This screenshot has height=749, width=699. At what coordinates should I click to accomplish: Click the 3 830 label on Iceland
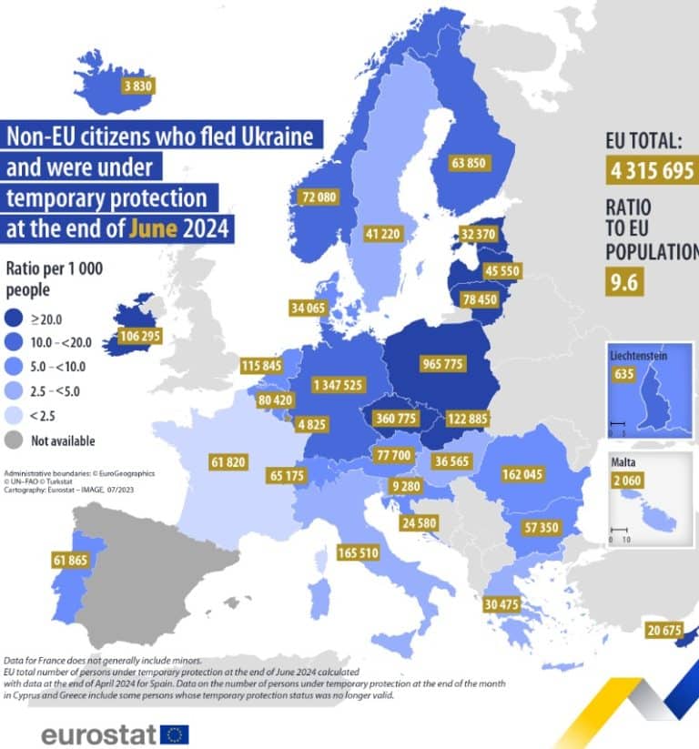click(x=138, y=86)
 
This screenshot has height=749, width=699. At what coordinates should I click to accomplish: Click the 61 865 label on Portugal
click(x=71, y=561)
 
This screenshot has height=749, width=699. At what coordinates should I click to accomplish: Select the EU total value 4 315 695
click(x=652, y=170)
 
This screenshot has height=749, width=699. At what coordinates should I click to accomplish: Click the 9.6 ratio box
click(x=624, y=281)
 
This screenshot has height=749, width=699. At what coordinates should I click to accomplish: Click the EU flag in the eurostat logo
click(x=174, y=734)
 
